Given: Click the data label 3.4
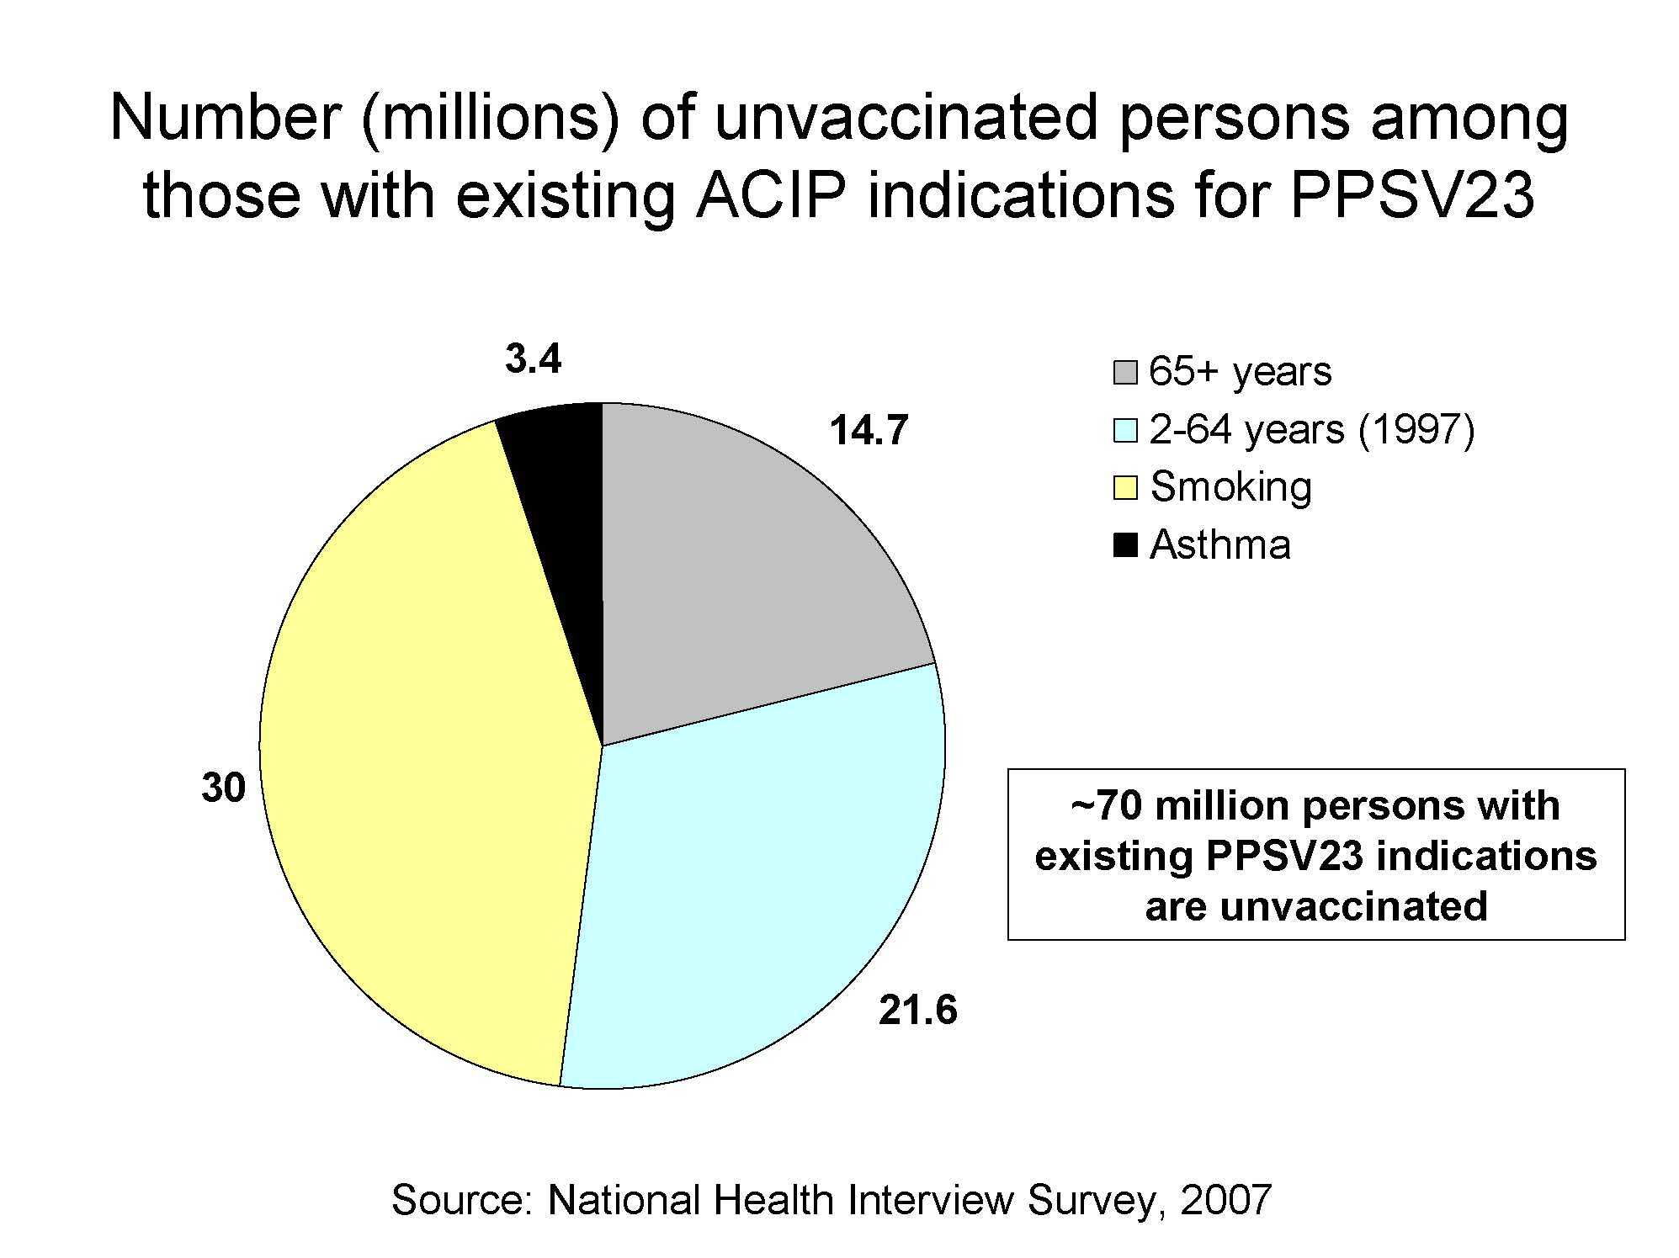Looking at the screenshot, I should (x=533, y=359).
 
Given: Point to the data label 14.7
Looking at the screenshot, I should (x=869, y=431).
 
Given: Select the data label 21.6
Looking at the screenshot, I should (x=917, y=1010).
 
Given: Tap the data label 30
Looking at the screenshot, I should (x=223, y=788).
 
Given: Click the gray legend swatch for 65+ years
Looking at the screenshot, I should (x=1124, y=373).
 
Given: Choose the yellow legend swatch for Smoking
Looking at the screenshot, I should (x=1124, y=487).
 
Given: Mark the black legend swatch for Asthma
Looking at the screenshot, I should (x=1124, y=545).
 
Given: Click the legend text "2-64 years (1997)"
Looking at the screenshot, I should (x=1311, y=430).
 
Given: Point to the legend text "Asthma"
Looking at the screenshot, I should (x=1219, y=545).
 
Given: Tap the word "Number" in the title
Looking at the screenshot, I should (x=224, y=118).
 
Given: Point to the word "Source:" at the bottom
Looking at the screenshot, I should (x=462, y=1200).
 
